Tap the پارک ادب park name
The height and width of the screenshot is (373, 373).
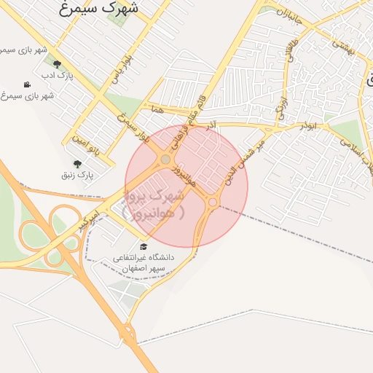[x=57, y=75]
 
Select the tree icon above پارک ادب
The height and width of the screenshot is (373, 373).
[x=57, y=64]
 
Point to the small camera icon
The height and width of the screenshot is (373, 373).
[x=27, y=85]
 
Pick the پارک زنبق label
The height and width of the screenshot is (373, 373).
[x=77, y=175]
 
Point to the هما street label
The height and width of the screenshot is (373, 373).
[x=157, y=109]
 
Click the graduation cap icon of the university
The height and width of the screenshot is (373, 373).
[x=143, y=246]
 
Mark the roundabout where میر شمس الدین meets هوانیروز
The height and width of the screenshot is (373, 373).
[x=213, y=202]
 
